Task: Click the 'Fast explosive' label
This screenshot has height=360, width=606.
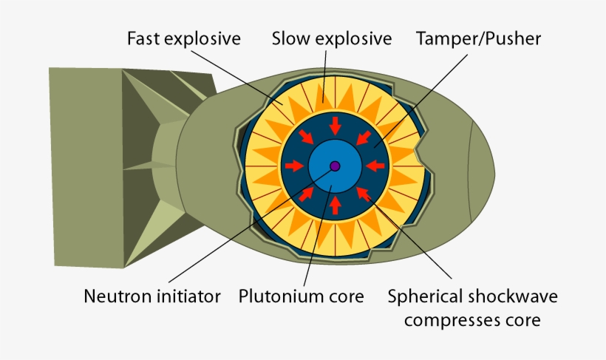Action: tap(184, 38)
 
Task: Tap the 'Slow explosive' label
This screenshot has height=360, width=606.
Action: tap(331, 38)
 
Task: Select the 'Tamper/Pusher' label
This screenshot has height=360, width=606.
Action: tap(479, 38)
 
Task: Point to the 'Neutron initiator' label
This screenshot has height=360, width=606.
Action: tap(152, 297)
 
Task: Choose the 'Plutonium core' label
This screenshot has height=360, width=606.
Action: tap(302, 297)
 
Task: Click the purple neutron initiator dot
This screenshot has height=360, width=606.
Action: tap(335, 166)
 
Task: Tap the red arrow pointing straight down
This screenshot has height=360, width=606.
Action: tap(335, 123)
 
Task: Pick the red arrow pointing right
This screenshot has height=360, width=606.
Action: tap(293, 166)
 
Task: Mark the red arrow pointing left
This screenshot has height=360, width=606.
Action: tap(376, 166)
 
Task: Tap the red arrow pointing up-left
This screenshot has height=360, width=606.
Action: tap(364, 194)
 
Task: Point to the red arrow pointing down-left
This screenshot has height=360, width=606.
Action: tap(364, 137)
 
